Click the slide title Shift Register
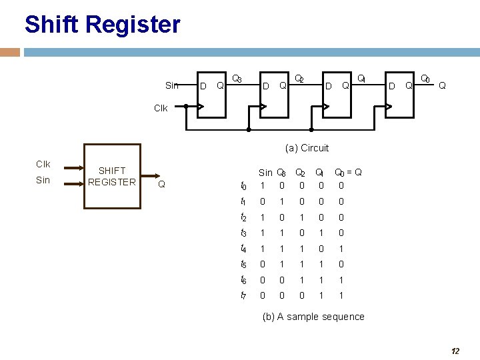point(102,25)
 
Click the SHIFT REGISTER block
point(111,177)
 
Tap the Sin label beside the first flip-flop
point(172,85)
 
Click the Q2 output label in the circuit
point(300,80)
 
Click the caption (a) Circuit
point(307,148)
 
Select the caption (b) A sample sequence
point(313,317)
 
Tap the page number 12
point(455,351)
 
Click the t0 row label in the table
point(244,186)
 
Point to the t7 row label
point(244,295)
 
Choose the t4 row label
point(244,249)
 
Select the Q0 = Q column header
point(348,173)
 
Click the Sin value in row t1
point(263,202)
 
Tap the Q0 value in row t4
point(341,249)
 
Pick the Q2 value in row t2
point(301,217)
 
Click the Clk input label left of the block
point(43,164)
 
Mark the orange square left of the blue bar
point(10,52)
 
